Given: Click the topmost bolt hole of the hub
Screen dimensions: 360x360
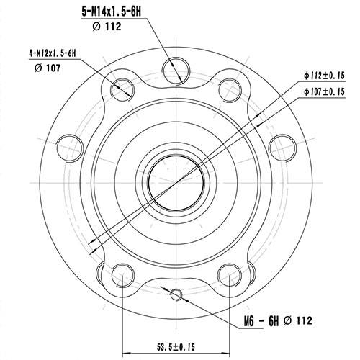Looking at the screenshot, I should pos(173,69).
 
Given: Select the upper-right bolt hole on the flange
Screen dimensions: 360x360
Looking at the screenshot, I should pos(229,87).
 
